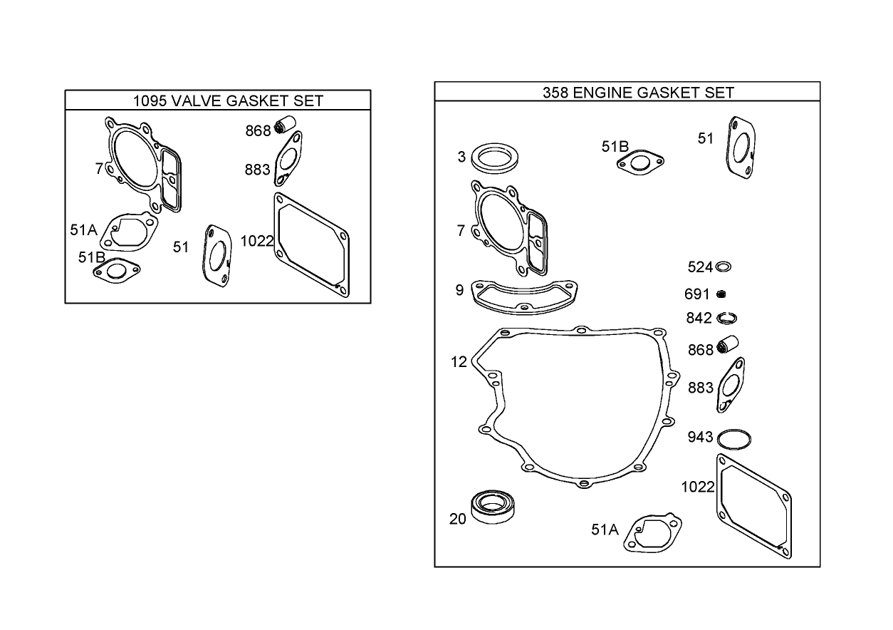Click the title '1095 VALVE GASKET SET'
tap(228, 100)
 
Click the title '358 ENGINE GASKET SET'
tap(637, 92)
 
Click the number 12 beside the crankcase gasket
tap(459, 362)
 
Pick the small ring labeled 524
tap(723, 267)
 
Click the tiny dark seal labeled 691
tap(721, 294)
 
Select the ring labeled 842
tap(726, 318)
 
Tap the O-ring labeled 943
tap(736, 438)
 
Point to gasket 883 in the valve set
tap(288, 162)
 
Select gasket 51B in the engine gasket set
tap(641, 162)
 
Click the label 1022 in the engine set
tap(697, 487)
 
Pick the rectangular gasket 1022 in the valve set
tap(311, 244)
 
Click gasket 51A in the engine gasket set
tap(653, 534)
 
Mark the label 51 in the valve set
tap(181, 247)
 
